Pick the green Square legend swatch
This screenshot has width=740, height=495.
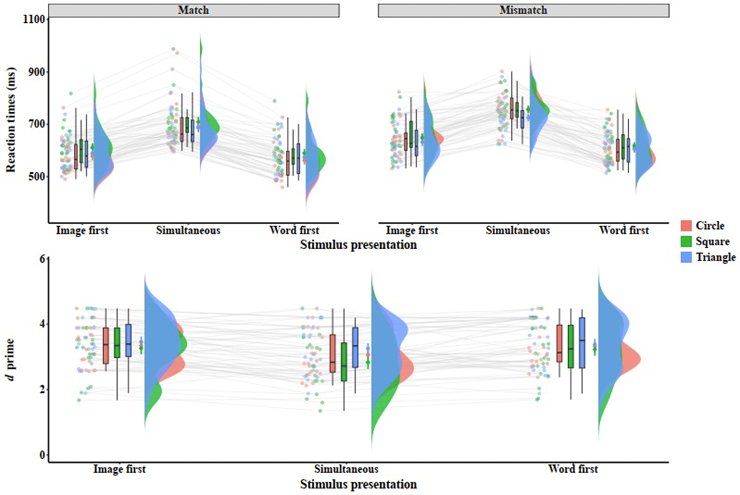click(687, 242)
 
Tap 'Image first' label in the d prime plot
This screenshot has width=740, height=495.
click(120, 469)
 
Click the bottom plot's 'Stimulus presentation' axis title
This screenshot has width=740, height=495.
click(358, 483)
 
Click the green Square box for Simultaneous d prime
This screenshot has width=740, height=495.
click(343, 362)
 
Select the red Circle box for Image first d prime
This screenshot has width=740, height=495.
click(106, 345)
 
